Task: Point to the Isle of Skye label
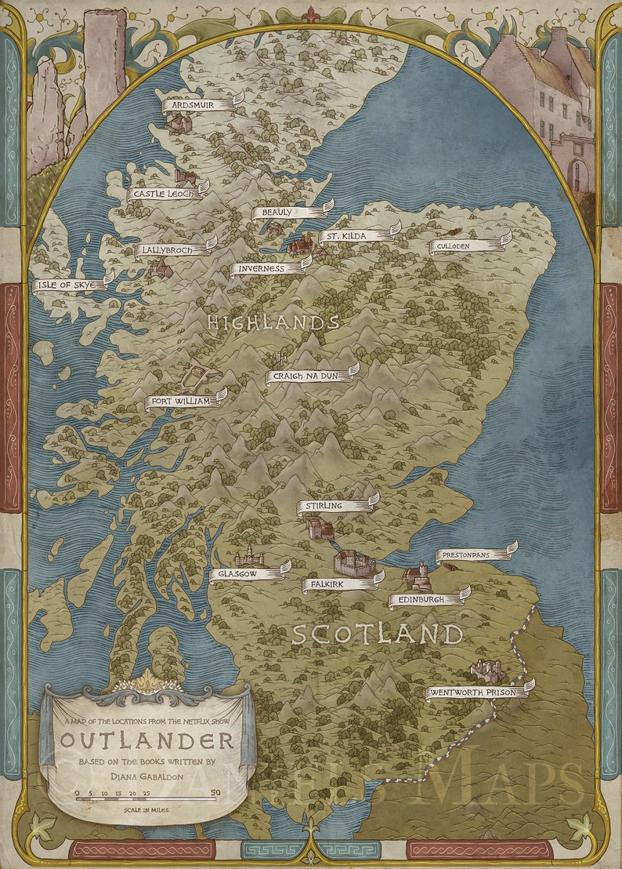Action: click(70, 285)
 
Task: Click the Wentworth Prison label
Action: click(477, 693)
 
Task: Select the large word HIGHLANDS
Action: click(273, 322)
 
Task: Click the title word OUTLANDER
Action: click(147, 740)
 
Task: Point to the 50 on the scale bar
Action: click(215, 793)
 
